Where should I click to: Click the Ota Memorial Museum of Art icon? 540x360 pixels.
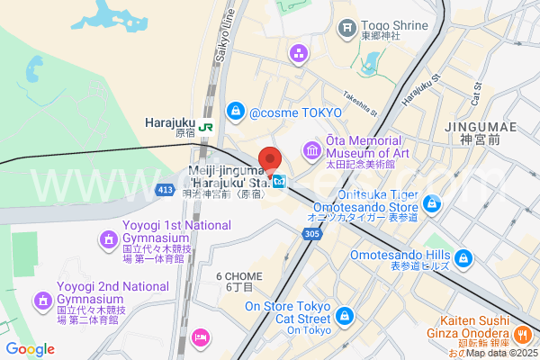311,149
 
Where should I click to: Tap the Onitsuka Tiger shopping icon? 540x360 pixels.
433,204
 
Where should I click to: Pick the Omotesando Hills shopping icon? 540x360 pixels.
463,259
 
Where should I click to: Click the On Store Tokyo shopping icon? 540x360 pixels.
345,316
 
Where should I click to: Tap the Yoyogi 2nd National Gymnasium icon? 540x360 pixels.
42,300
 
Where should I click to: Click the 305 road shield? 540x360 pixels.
312,234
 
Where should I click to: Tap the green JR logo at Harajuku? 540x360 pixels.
206,127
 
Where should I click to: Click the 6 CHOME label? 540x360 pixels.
239,282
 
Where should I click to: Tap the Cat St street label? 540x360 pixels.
477,90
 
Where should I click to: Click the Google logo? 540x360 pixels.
29,349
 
